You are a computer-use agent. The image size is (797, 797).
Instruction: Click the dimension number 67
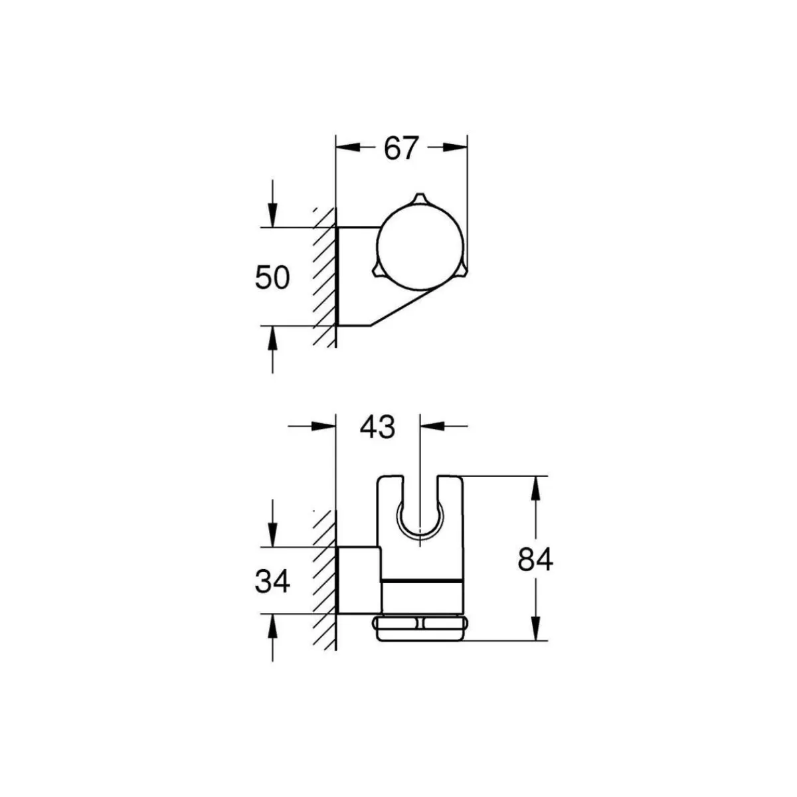(x=400, y=147)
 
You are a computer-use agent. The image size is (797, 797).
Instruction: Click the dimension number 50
(x=272, y=277)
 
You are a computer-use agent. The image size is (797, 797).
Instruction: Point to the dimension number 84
(x=535, y=560)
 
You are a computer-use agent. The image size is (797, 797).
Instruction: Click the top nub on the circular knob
(x=419, y=199)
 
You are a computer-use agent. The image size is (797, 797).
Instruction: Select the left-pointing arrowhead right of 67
(x=456, y=147)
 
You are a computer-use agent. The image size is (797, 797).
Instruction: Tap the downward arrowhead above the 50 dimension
(x=272, y=215)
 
